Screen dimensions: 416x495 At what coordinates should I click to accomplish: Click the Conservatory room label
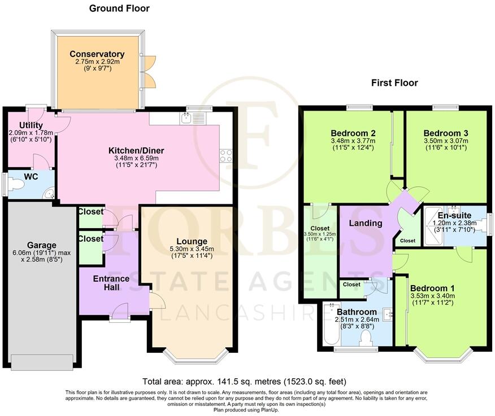click(97, 54)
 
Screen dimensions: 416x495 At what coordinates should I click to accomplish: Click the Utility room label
click(31, 125)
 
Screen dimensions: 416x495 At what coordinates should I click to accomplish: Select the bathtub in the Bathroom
click(331, 327)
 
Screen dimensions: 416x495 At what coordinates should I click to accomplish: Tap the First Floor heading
click(394, 83)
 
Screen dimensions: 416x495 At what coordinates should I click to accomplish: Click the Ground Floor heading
click(119, 8)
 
